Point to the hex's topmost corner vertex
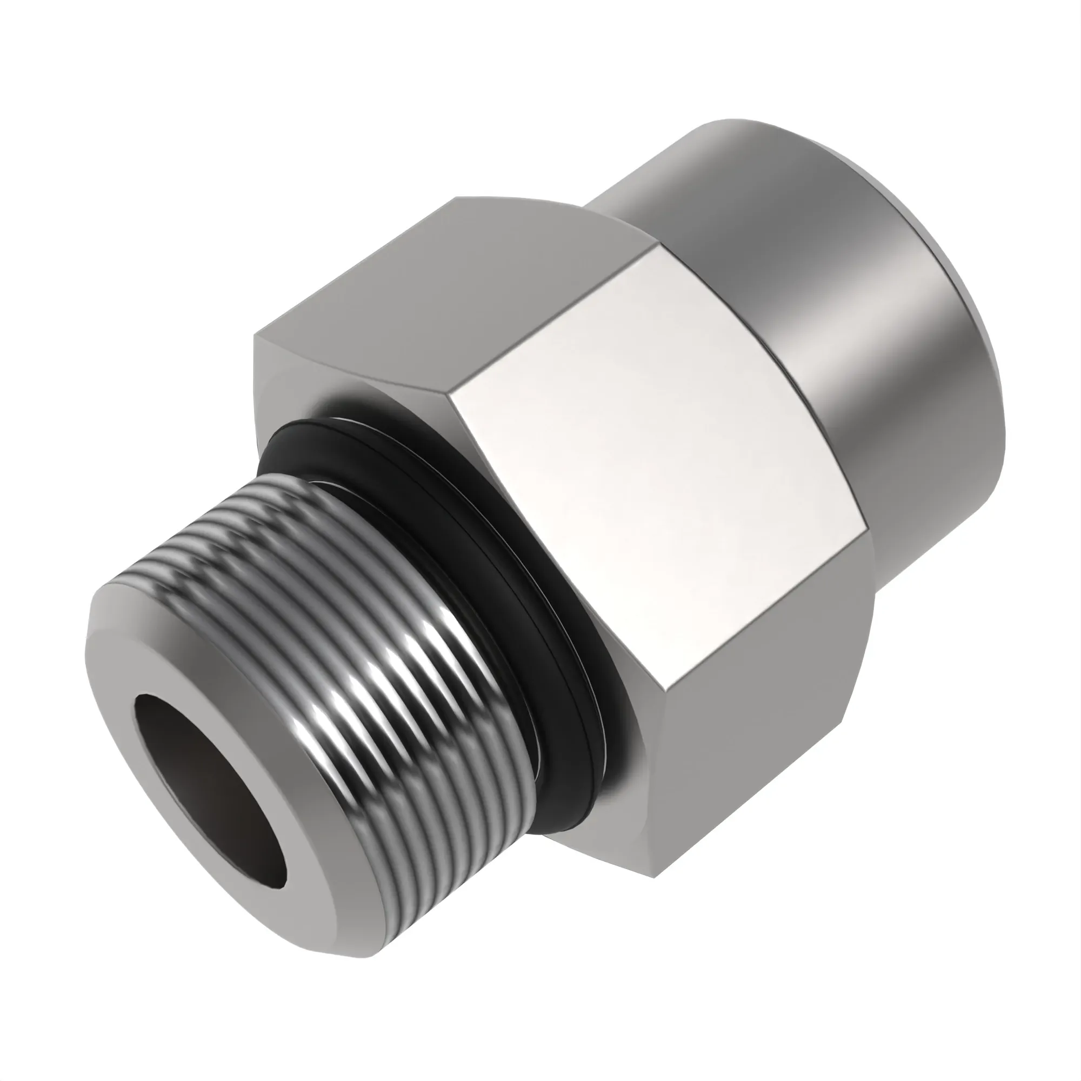click(x=459, y=197)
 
